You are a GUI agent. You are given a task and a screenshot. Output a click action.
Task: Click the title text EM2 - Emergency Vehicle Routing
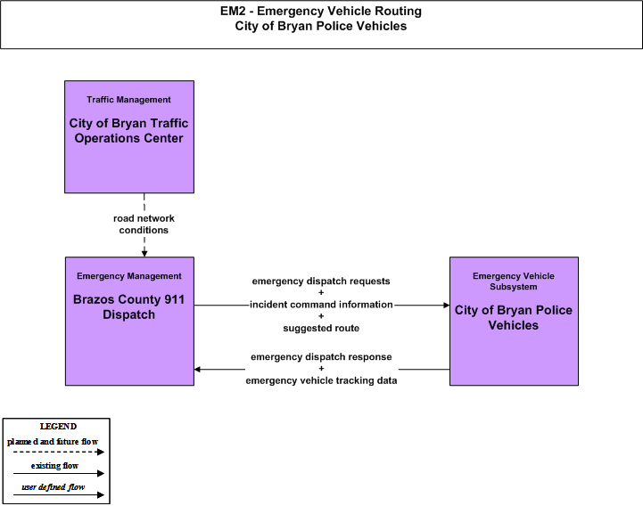(321, 11)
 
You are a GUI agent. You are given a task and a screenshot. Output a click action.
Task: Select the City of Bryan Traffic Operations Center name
(128, 131)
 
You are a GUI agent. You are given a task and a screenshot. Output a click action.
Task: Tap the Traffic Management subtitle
(128, 100)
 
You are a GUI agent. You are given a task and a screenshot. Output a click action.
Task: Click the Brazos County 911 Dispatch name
(128, 306)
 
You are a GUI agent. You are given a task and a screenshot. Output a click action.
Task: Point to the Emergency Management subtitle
(128, 276)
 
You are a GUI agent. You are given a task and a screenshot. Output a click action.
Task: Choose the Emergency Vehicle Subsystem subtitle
(514, 282)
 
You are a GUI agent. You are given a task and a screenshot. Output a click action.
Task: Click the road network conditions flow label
(144, 224)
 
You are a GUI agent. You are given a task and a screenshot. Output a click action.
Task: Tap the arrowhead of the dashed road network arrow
(144, 254)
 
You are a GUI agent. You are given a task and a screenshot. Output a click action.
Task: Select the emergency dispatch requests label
(321, 282)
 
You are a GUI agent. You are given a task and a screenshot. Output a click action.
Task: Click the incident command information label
(321, 305)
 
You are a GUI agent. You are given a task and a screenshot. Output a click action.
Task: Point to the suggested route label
(321, 328)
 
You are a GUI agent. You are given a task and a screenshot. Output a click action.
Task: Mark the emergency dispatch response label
(321, 357)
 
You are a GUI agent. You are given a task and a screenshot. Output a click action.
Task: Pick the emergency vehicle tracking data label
(321, 380)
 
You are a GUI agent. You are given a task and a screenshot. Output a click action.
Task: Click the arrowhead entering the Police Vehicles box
(447, 306)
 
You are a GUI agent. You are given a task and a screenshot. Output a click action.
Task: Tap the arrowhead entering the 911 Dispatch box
(197, 370)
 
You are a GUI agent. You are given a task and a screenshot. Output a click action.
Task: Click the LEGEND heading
(58, 427)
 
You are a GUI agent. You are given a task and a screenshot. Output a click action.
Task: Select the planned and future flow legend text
(53, 442)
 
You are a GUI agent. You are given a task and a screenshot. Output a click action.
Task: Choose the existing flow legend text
(54, 465)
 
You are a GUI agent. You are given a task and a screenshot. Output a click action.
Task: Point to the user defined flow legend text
(54, 487)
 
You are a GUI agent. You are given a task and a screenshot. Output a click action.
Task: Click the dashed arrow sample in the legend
(59, 452)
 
